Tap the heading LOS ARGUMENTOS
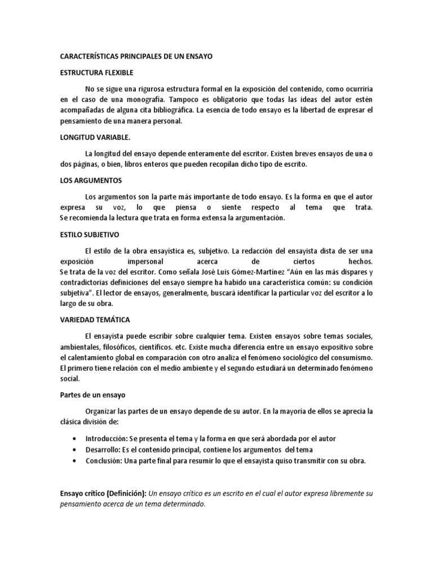click(x=91, y=180)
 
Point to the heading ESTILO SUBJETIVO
click(x=89, y=234)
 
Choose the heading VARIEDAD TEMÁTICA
click(x=95, y=319)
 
